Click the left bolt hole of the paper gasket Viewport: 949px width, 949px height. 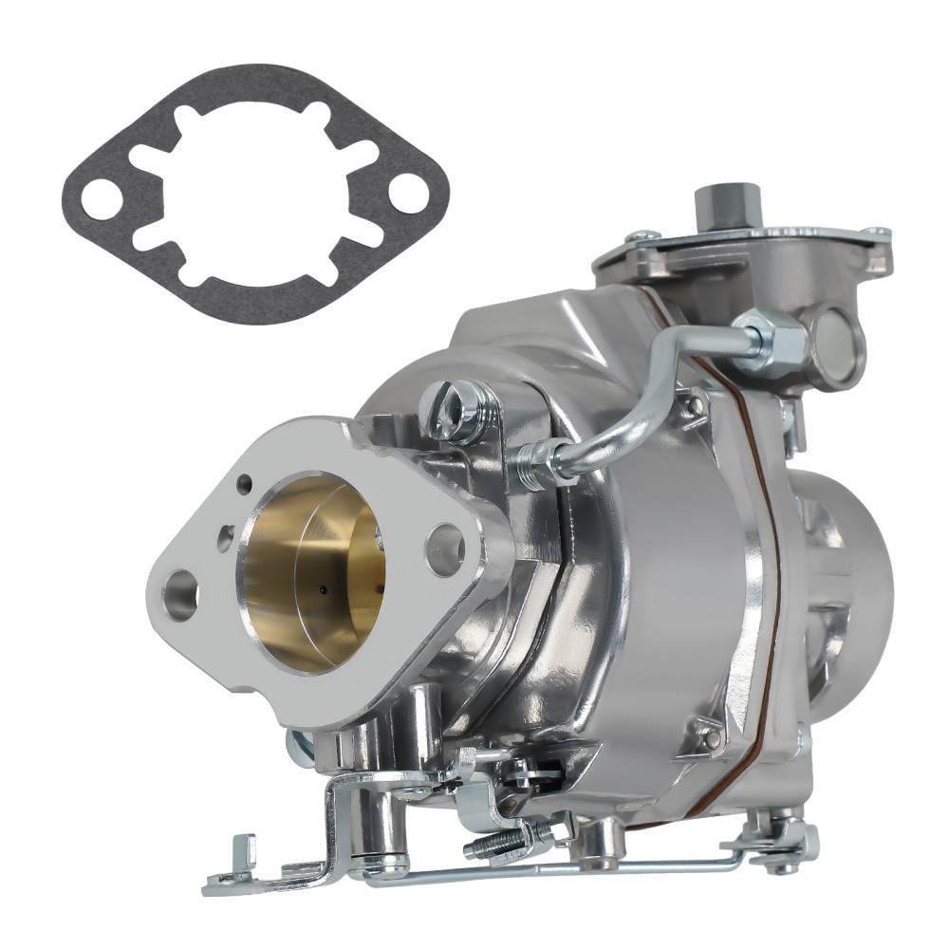[100, 199]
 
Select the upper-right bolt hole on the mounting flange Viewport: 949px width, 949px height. [444, 549]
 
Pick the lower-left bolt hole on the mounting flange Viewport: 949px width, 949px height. [180, 597]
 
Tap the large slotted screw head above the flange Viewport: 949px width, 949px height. [457, 409]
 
